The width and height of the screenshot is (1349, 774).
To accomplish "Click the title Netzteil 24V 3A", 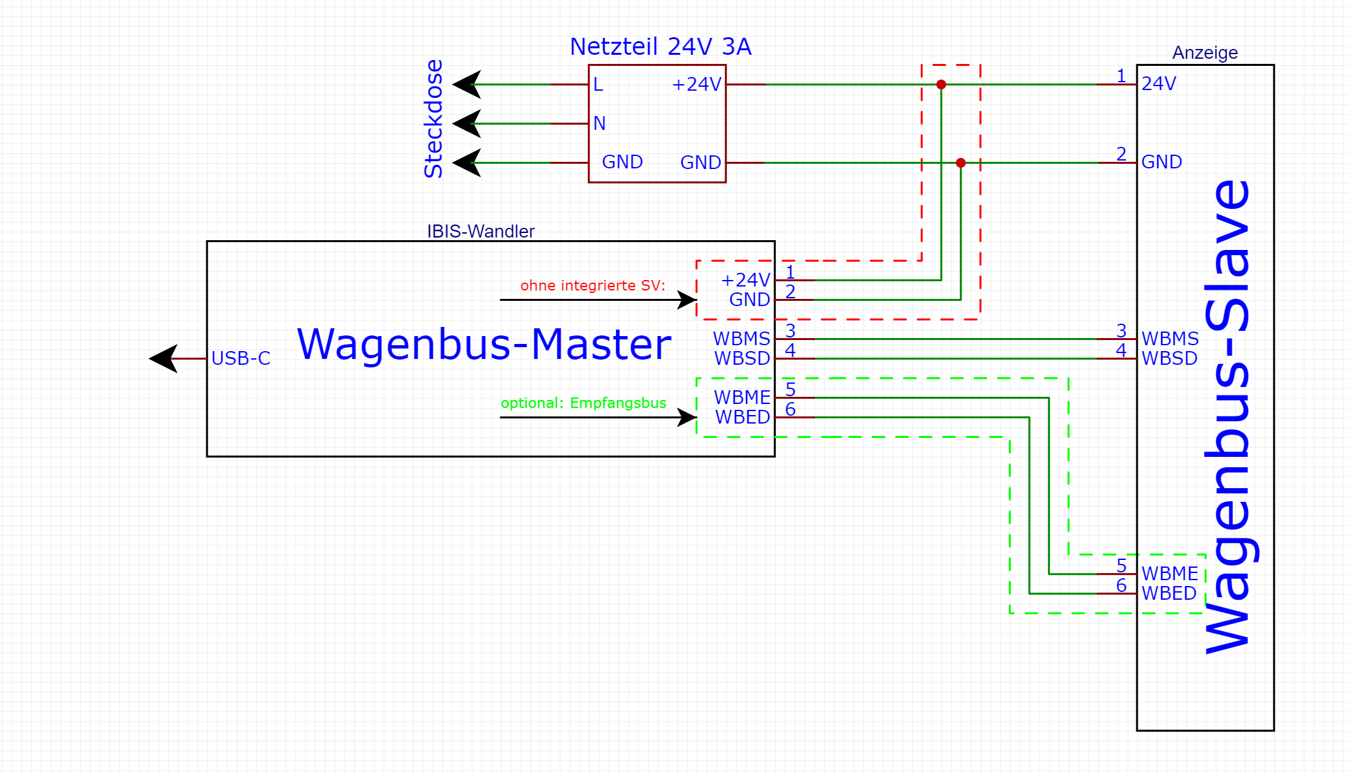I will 660,47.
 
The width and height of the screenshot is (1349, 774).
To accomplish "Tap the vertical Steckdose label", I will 433,119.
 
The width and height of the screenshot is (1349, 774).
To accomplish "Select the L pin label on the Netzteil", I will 598,85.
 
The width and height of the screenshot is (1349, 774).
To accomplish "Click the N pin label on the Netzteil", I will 599,123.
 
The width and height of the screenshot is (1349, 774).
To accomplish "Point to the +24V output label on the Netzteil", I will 696,85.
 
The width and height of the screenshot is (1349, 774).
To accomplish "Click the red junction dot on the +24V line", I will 941,85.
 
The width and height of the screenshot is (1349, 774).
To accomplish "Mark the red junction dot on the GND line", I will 961,163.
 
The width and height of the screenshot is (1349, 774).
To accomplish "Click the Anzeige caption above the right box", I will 1205,53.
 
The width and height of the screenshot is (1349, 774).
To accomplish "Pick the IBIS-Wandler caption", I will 480,232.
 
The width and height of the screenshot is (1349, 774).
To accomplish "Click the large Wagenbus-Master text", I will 484,344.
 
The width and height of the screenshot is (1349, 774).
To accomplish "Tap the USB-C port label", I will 241,358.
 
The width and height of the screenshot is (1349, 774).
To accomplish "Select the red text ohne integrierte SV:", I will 593,285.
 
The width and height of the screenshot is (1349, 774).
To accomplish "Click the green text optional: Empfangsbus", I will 583,403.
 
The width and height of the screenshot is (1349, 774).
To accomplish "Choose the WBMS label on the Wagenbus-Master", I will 741,339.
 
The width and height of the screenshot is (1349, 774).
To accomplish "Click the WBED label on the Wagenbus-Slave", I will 1169,593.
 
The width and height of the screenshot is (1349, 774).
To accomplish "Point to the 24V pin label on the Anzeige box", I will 1158,84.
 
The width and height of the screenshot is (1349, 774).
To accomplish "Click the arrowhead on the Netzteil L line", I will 467,84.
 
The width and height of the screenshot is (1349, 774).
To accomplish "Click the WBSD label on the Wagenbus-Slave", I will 1169,358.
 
